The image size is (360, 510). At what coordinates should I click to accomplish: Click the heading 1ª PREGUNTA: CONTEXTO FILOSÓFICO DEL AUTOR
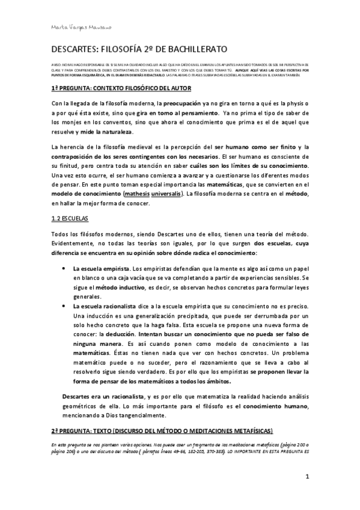121,88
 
